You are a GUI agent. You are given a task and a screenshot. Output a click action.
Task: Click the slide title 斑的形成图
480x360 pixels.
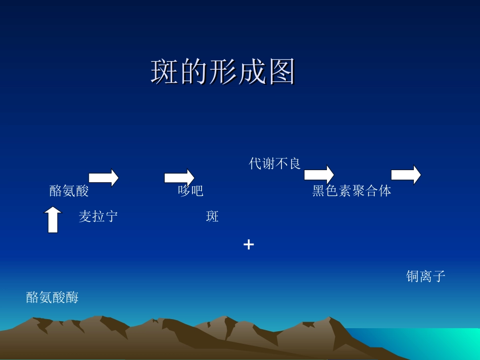click(x=223, y=73)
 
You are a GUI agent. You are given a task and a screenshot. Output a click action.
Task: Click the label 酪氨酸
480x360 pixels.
click(x=69, y=191)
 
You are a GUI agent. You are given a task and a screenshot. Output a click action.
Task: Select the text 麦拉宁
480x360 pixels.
click(x=99, y=217)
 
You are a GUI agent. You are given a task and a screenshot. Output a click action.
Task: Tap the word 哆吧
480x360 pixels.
click(x=190, y=191)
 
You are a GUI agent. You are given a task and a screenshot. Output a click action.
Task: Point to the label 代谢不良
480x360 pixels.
click(x=275, y=164)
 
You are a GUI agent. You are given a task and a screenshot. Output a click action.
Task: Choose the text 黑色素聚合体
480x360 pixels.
click(x=352, y=191)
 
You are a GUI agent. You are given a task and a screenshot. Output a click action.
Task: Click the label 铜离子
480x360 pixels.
click(x=425, y=276)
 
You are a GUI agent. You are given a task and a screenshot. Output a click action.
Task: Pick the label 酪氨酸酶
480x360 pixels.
click(x=53, y=297)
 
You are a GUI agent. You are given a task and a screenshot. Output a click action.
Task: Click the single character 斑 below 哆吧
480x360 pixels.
click(x=212, y=217)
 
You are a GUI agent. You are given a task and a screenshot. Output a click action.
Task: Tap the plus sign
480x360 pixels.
click(x=249, y=245)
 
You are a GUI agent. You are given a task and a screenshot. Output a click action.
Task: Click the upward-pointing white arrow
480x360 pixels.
click(x=53, y=220)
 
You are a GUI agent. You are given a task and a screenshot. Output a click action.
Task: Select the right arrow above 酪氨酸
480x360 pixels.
click(x=104, y=177)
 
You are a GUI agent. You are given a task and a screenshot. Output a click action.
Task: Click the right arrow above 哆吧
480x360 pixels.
click(x=179, y=177)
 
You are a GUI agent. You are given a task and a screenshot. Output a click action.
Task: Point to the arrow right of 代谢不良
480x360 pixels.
click(x=319, y=174)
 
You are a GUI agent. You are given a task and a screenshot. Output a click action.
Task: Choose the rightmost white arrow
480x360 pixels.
click(x=406, y=175)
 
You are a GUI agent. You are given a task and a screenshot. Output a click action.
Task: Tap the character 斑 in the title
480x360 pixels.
click(x=164, y=73)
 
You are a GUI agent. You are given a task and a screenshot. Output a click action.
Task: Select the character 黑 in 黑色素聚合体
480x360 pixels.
click(x=318, y=191)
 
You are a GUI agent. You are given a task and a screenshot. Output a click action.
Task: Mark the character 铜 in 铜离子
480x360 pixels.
click(x=413, y=276)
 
